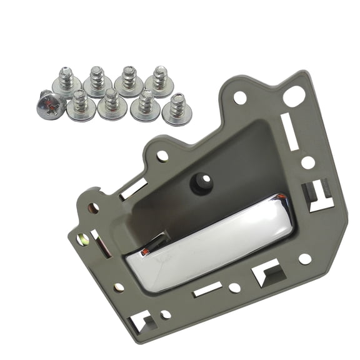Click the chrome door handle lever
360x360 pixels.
point(212,240)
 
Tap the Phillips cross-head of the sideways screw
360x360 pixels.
point(48,105)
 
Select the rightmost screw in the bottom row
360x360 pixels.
point(177,108)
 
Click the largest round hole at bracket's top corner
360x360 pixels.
point(294,96)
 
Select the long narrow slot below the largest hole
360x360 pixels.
point(289,133)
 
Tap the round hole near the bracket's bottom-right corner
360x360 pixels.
point(304,258)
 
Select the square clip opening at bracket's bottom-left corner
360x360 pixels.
point(140,321)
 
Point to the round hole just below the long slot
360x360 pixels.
point(307,162)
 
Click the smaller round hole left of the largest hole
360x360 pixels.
point(240,97)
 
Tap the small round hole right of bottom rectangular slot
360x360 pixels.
point(234,287)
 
